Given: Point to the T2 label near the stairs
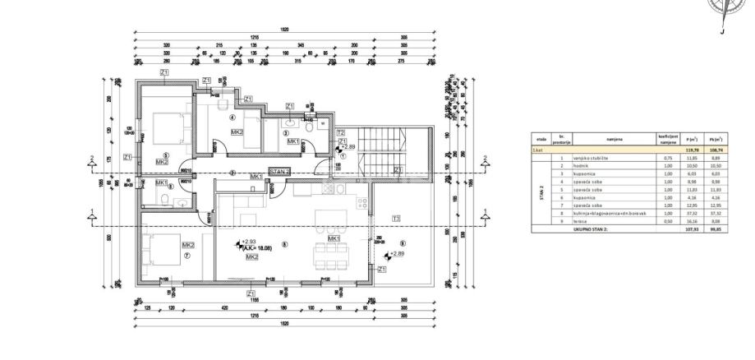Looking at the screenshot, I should [340, 132].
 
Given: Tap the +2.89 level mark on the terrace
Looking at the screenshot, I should [398, 254].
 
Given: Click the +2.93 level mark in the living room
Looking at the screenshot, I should [249, 240].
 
